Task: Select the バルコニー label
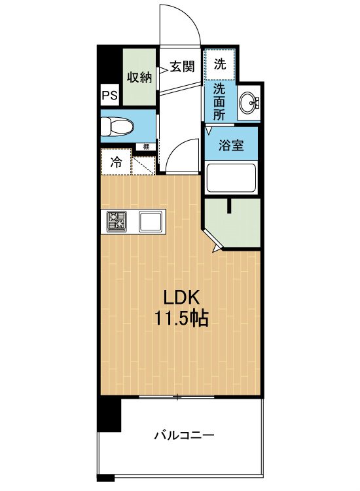click(x=185, y=435)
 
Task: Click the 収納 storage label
click(x=139, y=77)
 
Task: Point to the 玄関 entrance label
click(x=182, y=66)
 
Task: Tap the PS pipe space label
click(x=109, y=96)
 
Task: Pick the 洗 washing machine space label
click(x=221, y=64)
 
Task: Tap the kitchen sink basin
click(x=151, y=223)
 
